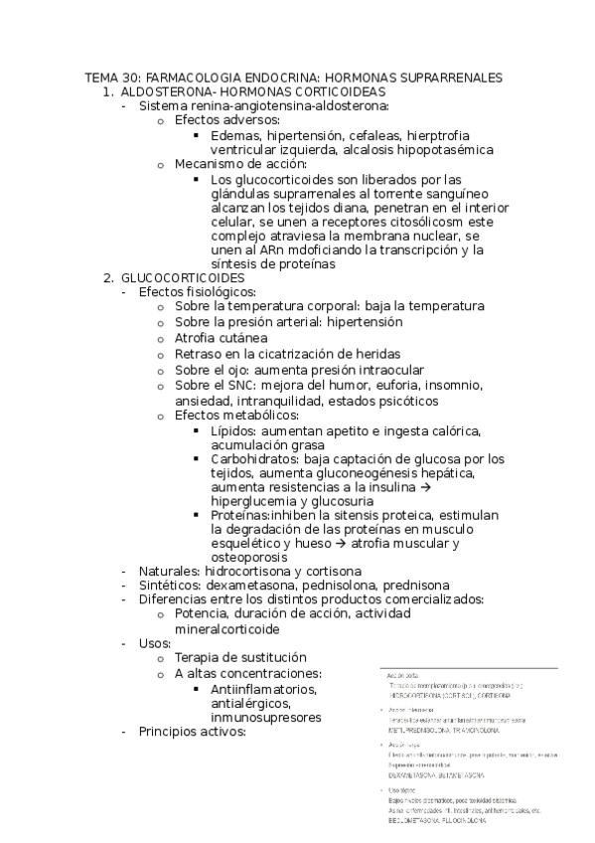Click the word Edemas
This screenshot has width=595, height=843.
click(235, 135)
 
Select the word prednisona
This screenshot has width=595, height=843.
click(410, 586)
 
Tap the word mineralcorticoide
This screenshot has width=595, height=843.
click(227, 629)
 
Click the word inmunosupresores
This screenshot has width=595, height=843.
click(266, 718)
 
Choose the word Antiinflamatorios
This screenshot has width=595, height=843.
click(264, 688)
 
